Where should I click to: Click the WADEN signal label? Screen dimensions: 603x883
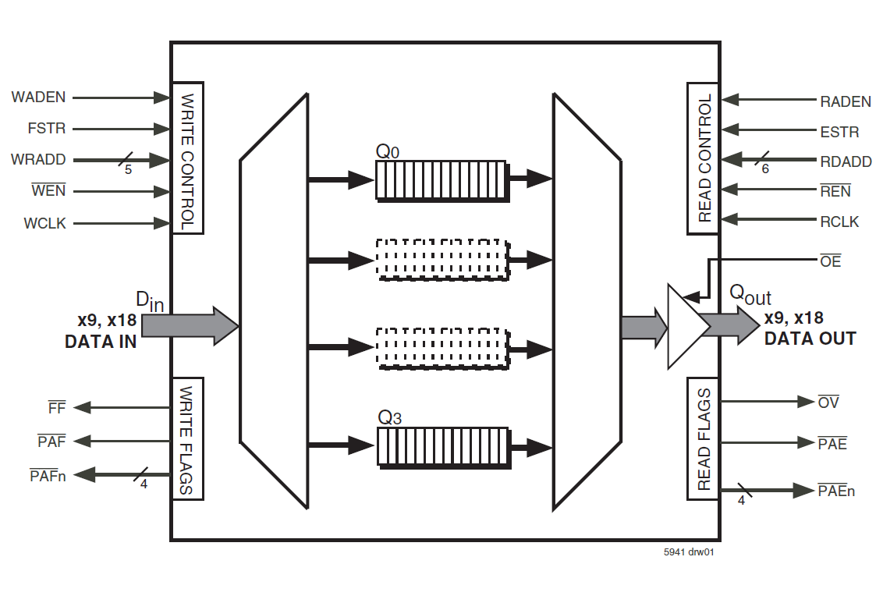(38, 98)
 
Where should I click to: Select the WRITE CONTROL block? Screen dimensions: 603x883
(187, 158)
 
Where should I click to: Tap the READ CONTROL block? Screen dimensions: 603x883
(703, 158)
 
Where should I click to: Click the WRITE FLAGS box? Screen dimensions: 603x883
(187, 438)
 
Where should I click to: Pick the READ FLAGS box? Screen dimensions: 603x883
(703, 438)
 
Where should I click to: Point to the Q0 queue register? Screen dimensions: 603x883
(440, 180)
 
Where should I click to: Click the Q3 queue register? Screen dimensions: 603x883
(441, 446)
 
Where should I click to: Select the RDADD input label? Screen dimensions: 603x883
(846, 161)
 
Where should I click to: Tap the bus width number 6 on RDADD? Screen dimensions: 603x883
(765, 169)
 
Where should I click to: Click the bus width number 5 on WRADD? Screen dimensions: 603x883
(128, 169)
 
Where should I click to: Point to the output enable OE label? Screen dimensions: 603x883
(831, 261)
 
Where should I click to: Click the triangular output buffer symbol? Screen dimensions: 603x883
(683, 326)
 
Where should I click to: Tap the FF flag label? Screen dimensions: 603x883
(57, 407)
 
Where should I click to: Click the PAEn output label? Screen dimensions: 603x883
(836, 491)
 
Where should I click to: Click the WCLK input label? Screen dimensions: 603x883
(44, 224)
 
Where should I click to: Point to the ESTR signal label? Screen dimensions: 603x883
(839, 132)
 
